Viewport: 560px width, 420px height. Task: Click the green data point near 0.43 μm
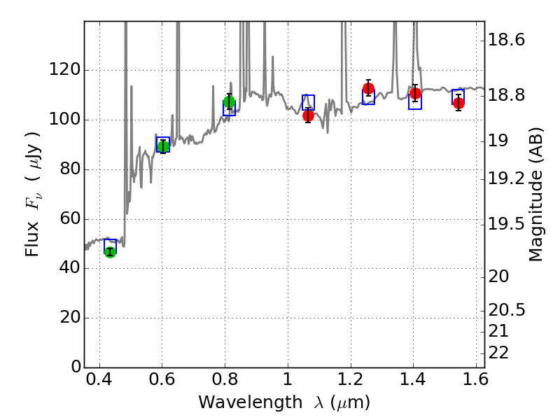(x=110, y=252)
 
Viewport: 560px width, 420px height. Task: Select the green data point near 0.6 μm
(x=163, y=146)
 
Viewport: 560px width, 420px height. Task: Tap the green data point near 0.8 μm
(x=229, y=102)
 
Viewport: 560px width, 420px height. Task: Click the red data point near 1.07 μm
(x=308, y=115)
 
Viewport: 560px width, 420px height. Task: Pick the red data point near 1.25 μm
(x=368, y=88)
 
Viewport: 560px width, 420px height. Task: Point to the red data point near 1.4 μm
(x=415, y=93)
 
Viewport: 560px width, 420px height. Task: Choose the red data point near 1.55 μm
(x=458, y=103)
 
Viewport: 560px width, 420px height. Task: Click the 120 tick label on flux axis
(x=64, y=70)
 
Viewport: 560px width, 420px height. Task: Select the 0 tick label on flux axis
(x=73, y=367)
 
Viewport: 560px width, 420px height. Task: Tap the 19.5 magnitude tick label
(x=508, y=224)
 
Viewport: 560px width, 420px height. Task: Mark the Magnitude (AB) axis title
(x=536, y=197)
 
